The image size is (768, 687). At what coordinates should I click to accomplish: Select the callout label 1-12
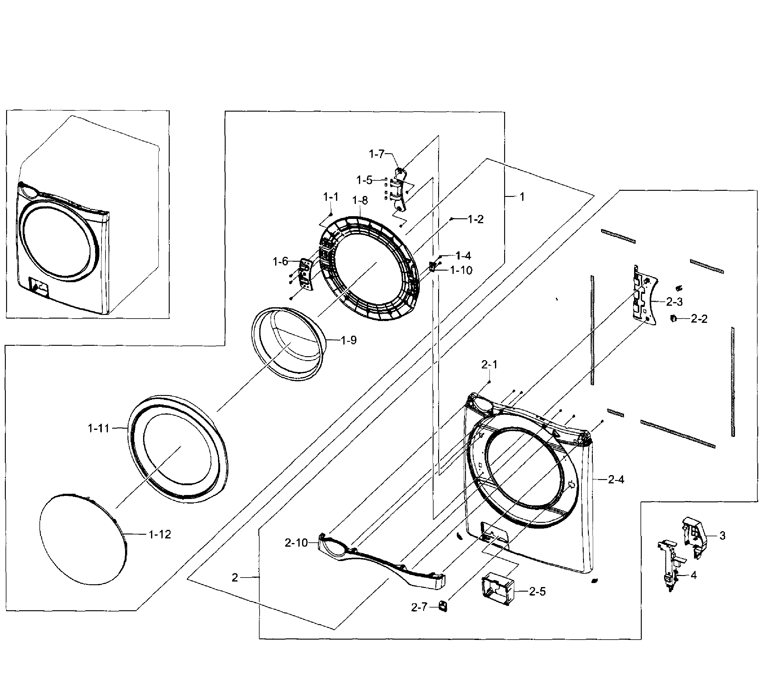(x=160, y=534)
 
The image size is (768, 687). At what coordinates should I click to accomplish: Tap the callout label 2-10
(x=296, y=543)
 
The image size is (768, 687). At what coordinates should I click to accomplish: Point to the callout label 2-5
(x=537, y=592)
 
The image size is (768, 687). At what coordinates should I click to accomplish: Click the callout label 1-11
(x=98, y=428)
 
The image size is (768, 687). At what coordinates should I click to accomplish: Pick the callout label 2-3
(x=674, y=301)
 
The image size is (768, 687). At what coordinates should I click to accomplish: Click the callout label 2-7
(x=419, y=607)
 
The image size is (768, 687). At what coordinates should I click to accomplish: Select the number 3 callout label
(x=722, y=536)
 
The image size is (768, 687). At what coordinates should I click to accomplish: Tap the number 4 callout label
(x=693, y=575)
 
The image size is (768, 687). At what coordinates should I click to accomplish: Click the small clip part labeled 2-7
(x=443, y=607)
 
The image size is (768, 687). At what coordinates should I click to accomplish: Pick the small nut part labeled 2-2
(x=673, y=319)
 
